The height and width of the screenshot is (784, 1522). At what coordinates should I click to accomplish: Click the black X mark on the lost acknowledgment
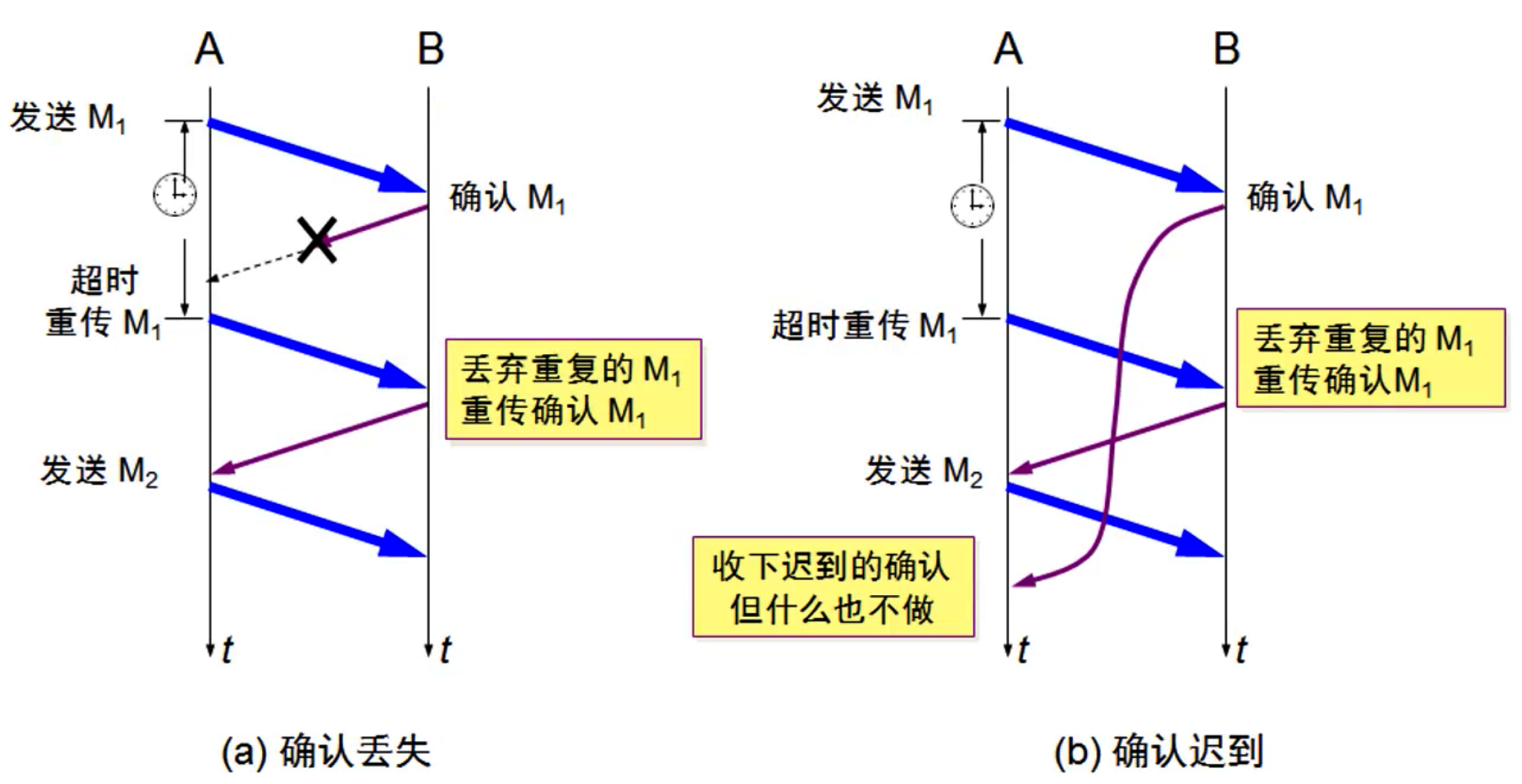[x=318, y=239]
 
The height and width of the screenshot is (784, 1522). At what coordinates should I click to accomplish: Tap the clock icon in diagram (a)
[x=174, y=194]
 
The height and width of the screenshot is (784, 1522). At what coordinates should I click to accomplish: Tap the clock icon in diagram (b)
[x=973, y=205]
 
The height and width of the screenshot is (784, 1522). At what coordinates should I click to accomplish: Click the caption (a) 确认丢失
[x=326, y=751]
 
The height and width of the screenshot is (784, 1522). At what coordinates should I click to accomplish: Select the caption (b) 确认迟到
[x=1159, y=751]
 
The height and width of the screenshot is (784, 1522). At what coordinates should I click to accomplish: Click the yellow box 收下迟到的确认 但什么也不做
[x=833, y=587]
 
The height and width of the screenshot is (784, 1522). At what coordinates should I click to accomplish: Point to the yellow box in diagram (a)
[x=573, y=389]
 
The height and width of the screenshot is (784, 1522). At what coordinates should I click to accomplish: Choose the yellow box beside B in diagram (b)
[x=1370, y=358]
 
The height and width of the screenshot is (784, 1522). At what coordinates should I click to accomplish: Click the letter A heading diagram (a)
[x=209, y=49]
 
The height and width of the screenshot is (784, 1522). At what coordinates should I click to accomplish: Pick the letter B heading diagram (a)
[x=431, y=49]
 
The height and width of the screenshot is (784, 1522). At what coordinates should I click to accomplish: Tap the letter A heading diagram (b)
[x=1008, y=49]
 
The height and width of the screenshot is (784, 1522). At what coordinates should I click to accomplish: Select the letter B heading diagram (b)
[x=1227, y=49]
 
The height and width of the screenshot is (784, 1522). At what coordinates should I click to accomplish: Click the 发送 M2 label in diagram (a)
[x=99, y=470]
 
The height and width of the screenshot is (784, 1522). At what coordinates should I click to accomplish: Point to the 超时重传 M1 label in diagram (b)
[x=865, y=325]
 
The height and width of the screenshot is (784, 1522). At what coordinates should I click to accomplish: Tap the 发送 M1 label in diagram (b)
[x=875, y=99]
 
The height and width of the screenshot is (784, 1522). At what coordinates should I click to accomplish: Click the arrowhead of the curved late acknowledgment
[x=1021, y=581]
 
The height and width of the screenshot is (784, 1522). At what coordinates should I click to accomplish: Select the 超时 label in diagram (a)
[x=104, y=280]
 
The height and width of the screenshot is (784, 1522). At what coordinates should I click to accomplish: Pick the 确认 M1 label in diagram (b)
[x=1305, y=198]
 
